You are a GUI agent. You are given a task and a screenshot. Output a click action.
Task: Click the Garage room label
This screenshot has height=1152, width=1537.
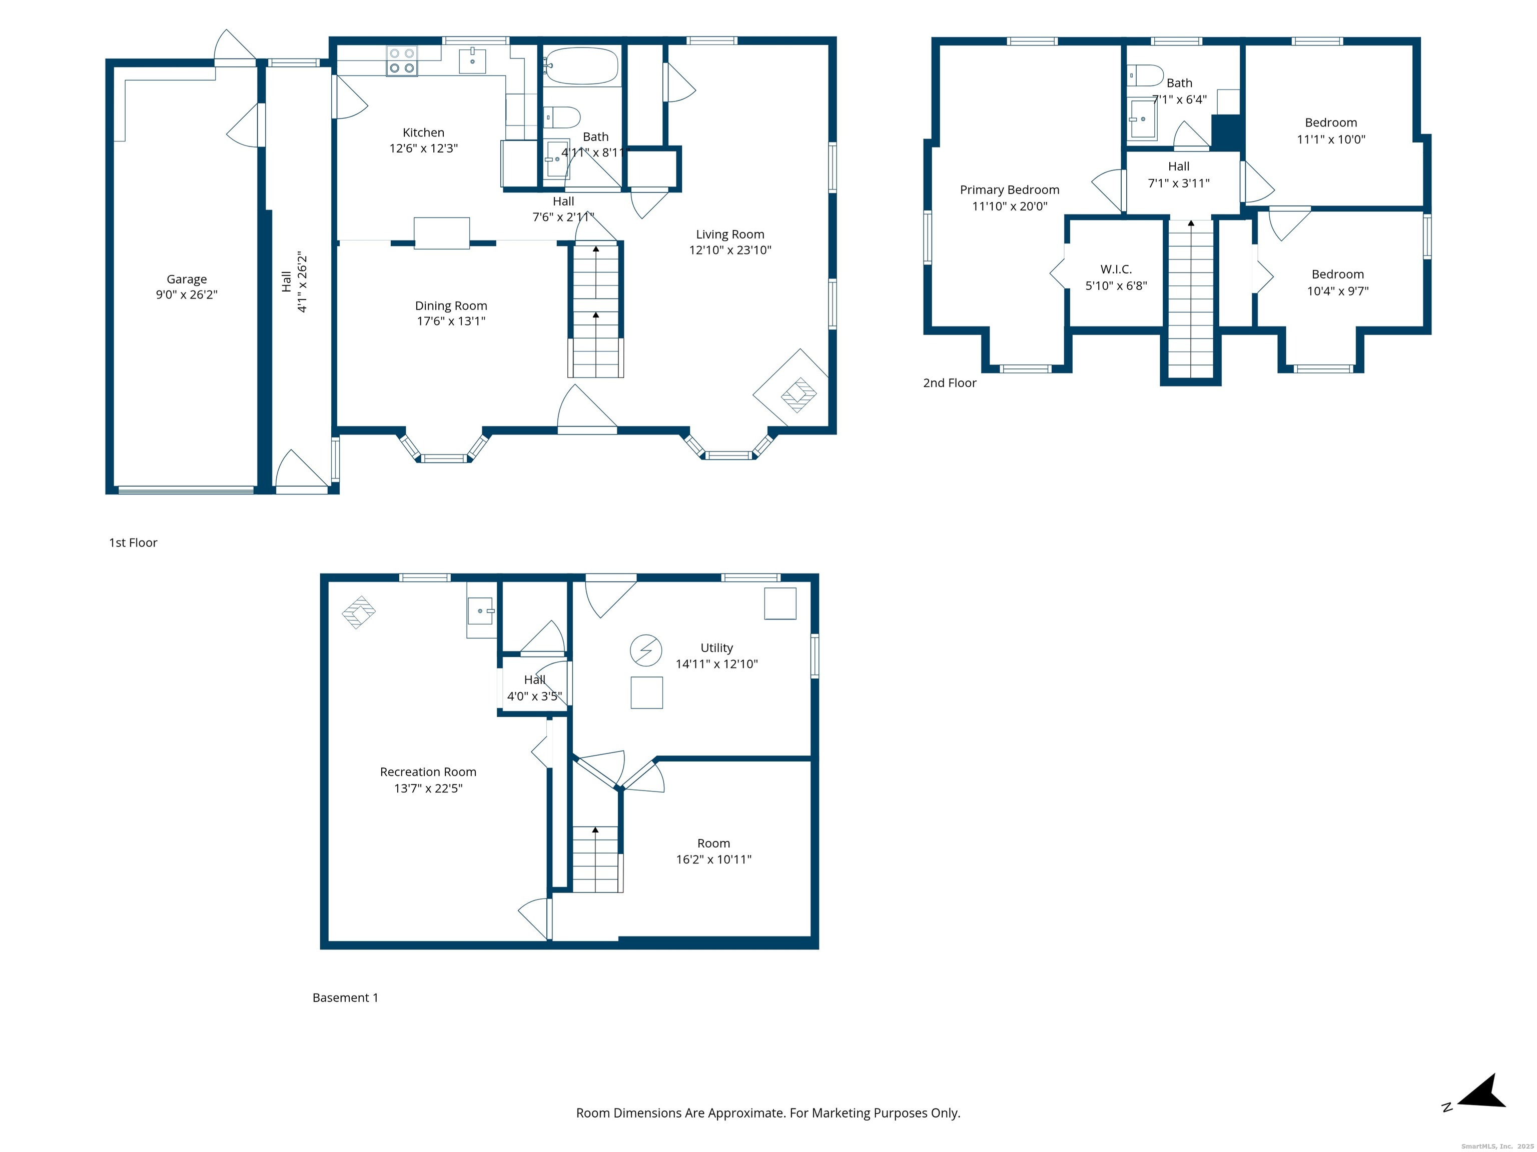[186, 279]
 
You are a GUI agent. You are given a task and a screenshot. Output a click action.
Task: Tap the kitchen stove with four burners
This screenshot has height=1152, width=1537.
[402, 60]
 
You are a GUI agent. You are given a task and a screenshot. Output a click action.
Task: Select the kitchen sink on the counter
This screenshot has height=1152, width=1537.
[472, 60]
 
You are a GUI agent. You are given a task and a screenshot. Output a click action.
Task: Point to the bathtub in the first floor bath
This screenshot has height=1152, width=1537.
[581, 66]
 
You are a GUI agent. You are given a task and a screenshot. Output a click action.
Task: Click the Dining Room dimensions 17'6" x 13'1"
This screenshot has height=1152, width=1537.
[451, 321]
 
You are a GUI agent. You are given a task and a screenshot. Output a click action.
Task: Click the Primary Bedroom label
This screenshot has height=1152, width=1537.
[1010, 189]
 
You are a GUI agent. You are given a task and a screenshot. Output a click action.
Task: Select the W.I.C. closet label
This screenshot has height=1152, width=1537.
[1116, 268]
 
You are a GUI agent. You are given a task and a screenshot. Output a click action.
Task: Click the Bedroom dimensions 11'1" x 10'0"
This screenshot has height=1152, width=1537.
[1331, 139]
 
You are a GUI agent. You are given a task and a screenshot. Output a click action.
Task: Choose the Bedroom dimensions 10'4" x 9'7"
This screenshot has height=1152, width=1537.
[1337, 291]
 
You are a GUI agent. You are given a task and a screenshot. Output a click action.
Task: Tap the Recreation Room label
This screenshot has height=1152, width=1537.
[428, 771]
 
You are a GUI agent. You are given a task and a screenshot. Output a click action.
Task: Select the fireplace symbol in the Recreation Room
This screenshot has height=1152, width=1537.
[359, 612]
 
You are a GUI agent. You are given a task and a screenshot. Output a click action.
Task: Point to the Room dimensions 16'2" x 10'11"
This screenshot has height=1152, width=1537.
[713, 859]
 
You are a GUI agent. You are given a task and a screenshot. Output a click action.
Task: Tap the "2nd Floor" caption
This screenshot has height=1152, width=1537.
[949, 382]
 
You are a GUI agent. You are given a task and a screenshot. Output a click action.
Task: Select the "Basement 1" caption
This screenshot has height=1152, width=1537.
[345, 997]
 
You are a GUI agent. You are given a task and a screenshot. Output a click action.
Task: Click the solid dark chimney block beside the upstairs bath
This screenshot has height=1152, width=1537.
[1226, 132]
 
